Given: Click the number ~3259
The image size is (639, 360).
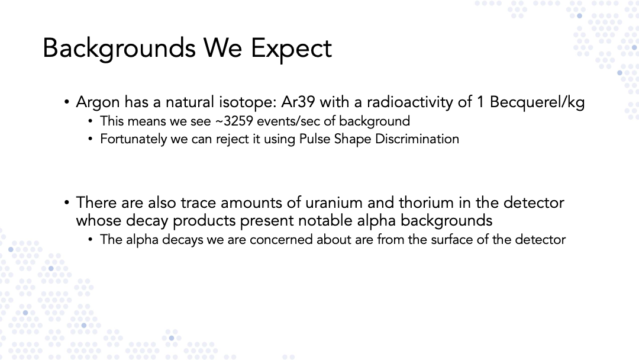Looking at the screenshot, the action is point(234,121).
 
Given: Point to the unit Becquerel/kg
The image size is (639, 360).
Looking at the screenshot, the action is point(537,102).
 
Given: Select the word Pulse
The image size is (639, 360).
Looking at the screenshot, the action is point(315,139).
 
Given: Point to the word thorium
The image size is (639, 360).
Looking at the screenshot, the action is point(426,202).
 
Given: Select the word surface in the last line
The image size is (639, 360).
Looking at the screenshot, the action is point(452,239).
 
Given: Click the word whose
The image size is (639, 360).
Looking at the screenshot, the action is point(99,221).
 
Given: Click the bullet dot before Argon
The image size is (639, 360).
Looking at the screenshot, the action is point(67,102).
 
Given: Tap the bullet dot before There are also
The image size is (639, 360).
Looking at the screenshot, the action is point(67,202).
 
